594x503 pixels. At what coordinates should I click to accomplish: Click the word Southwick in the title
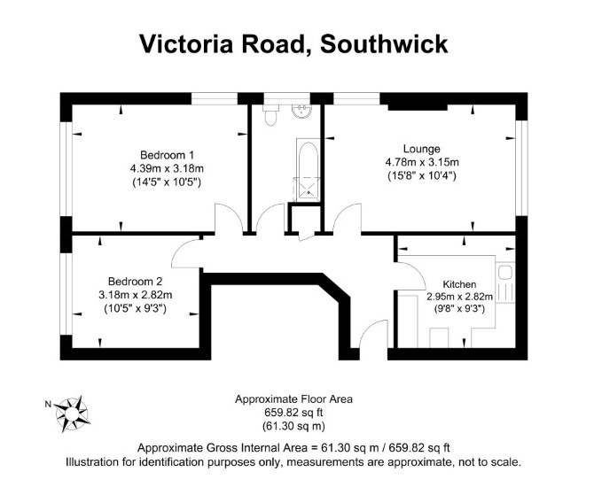pos(384,44)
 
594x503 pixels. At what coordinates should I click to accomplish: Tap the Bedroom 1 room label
pos(167,155)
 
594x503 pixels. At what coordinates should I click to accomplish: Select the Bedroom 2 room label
pos(136,282)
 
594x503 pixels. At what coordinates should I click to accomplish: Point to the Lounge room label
pos(422,149)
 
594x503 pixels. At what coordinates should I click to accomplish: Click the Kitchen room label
pos(459,284)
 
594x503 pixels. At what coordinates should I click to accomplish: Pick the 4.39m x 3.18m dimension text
pos(167,168)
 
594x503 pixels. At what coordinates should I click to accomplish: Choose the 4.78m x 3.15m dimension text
pos(422,162)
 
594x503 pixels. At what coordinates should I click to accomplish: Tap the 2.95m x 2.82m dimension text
pos(459,297)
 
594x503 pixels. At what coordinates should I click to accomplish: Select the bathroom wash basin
pos(301,111)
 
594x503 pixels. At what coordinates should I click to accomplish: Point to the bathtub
pos(308,158)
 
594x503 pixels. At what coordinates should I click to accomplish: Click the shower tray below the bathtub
pos(308,189)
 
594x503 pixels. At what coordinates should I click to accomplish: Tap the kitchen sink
pos(505,272)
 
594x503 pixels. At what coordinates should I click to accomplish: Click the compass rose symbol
pos(72,414)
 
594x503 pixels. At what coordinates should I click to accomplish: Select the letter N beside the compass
pos(48,404)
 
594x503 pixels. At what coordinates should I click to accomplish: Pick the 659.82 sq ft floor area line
pos(293,413)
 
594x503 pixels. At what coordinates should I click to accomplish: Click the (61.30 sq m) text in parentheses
pos(293,426)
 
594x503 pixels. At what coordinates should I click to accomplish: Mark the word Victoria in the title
pos(186,44)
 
